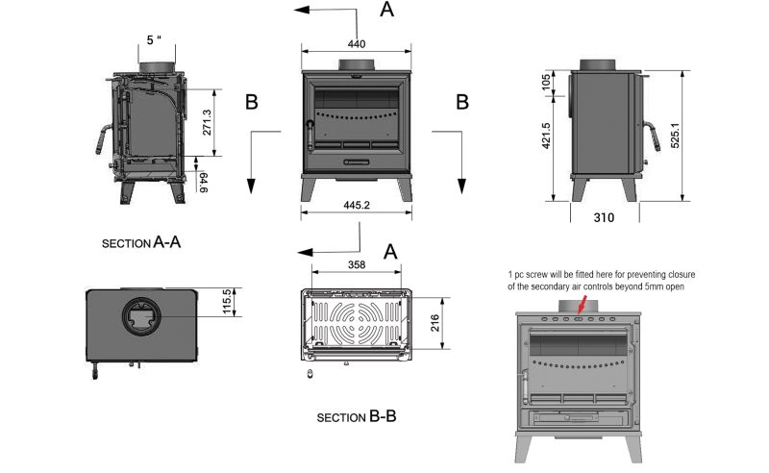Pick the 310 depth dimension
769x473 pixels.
pyautogui.click(x=605, y=218)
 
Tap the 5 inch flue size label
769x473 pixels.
pyautogui.click(x=156, y=40)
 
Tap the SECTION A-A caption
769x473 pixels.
pyautogui.click(x=141, y=243)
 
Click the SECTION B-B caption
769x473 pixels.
pyautogui.click(x=357, y=418)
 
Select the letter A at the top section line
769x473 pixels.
pyautogui.click(x=387, y=11)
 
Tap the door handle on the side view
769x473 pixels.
pyautogui.click(x=650, y=141)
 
